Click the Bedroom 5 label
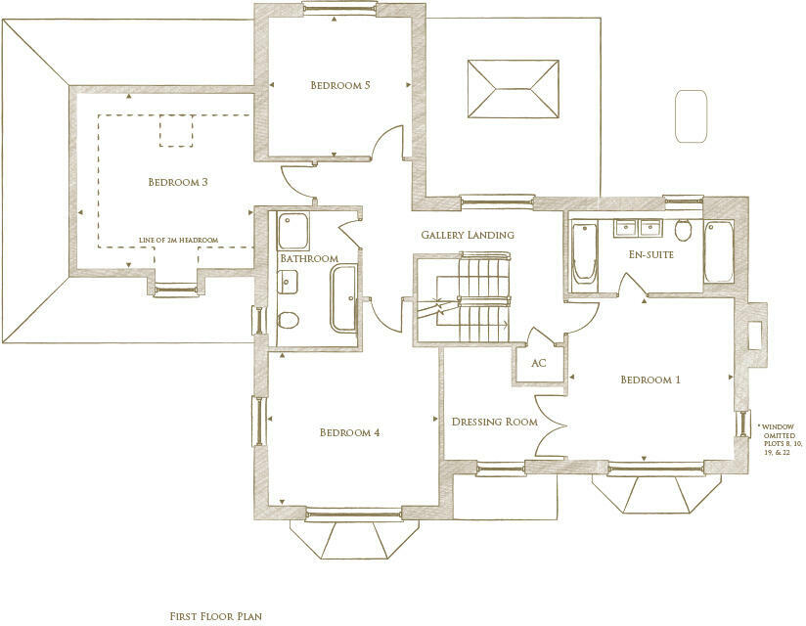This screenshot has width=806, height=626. [x=339, y=85]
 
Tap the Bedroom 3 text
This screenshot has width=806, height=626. [x=177, y=182]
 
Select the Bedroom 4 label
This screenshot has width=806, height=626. [x=349, y=432]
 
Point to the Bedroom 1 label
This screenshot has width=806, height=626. [x=649, y=380]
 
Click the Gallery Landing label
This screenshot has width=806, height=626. [x=467, y=236]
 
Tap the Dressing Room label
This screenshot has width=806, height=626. [x=494, y=423]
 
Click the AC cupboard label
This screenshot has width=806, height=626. [x=538, y=362]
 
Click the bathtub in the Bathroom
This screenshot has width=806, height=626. [x=344, y=298]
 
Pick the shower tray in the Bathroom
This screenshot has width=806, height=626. [x=292, y=231]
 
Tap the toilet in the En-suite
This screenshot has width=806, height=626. [x=684, y=229]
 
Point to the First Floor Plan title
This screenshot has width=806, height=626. [x=216, y=617]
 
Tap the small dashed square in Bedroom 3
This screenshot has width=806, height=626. [x=177, y=130]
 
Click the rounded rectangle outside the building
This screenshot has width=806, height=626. [x=691, y=116]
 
